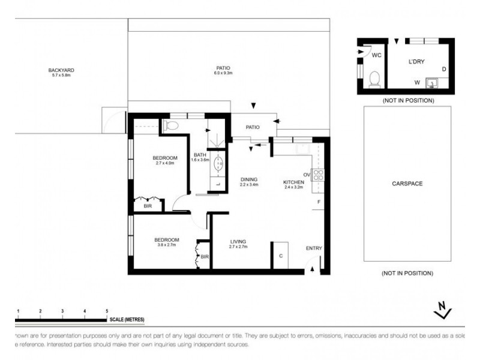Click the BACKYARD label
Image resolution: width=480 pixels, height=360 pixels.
pyautogui.click(x=61, y=70)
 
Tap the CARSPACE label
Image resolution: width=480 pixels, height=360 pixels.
pyautogui.click(x=407, y=183)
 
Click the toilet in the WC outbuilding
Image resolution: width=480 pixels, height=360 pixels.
pyautogui.click(x=375, y=79)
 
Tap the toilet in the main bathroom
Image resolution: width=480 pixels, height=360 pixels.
pyautogui.click(x=172, y=125)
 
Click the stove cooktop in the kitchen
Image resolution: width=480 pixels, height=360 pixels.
pyautogui.click(x=319, y=175)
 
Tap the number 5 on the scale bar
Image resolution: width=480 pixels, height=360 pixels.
pyautogui.click(x=107, y=311)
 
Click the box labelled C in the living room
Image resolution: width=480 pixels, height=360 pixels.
pyautogui.click(x=280, y=256)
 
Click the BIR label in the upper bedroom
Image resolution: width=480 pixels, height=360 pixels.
pyautogui.click(x=148, y=206)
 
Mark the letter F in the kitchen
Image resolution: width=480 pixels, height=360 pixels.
pyautogui.click(x=319, y=202)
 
